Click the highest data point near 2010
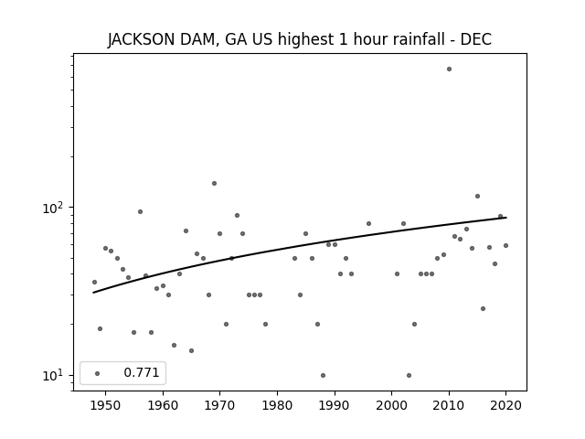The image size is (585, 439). tap(449, 69)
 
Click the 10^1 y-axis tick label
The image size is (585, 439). tap(55, 375)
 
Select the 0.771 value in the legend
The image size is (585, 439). tap(142, 373)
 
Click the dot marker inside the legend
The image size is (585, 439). tap(97, 373)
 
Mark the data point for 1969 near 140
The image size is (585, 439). tap(214, 183)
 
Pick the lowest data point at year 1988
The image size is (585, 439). tap(323, 375)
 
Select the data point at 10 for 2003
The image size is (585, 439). tap(409, 375)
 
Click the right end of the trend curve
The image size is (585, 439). tap(505, 217)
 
